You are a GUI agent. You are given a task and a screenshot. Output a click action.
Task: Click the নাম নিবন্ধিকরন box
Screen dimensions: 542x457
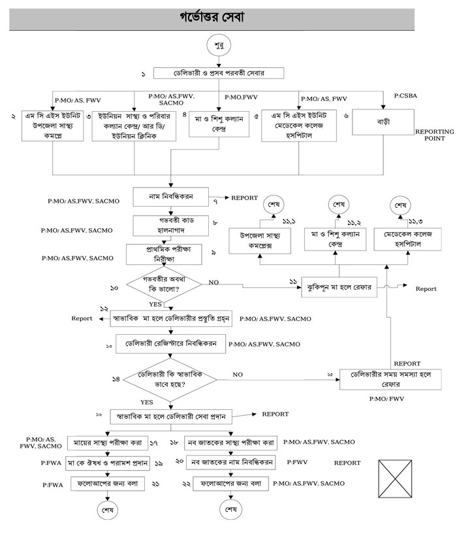(x=170, y=196)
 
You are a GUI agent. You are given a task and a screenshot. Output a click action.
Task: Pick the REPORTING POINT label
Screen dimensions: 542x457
(x=434, y=135)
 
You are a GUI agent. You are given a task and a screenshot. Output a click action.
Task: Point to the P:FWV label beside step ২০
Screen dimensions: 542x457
(x=298, y=462)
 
